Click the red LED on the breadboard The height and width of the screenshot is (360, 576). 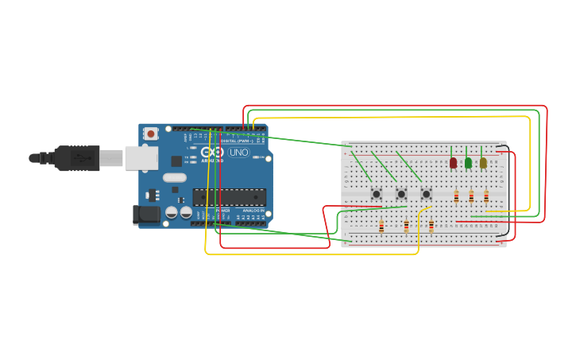453,163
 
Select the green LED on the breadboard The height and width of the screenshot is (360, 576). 468,163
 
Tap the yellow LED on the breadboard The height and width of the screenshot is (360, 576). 483,163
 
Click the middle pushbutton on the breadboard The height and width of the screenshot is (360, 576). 401,194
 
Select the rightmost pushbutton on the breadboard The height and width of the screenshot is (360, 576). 426,194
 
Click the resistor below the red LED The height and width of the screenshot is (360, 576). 456,196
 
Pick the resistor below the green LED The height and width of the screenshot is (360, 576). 471,196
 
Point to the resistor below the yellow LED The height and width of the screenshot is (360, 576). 486,196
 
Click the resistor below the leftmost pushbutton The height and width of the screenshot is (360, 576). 381,226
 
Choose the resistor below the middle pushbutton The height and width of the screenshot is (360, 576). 406,226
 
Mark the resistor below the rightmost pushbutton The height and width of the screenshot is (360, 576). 431,226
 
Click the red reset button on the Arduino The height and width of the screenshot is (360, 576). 150,134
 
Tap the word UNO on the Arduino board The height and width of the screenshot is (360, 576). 238,152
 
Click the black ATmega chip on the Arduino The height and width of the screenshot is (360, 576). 229,197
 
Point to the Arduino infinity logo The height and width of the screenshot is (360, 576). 212,152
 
